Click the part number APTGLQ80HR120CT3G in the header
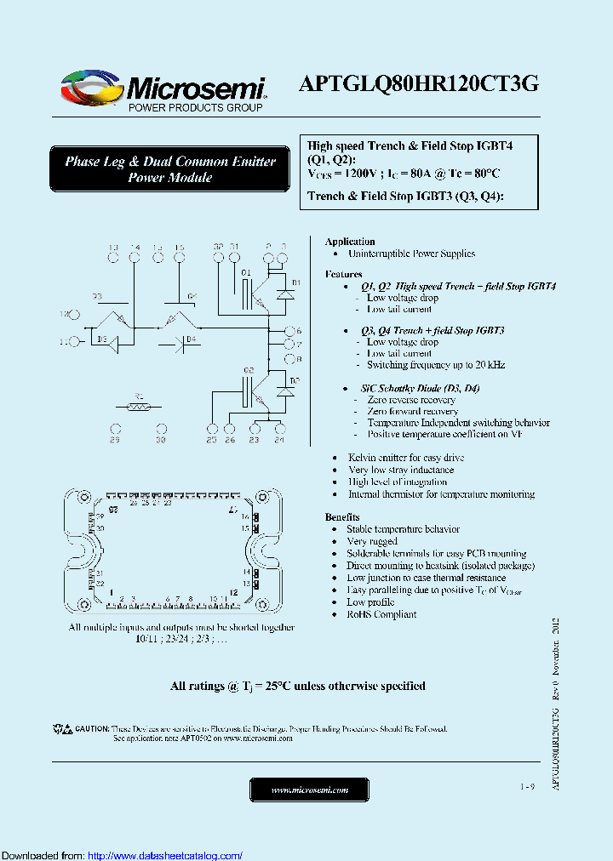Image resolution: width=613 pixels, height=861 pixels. click(x=418, y=84)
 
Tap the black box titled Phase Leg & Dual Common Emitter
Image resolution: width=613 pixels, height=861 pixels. click(x=170, y=169)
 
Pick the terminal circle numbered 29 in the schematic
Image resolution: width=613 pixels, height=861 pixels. click(x=115, y=428)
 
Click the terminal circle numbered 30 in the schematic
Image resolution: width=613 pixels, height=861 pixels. click(x=160, y=428)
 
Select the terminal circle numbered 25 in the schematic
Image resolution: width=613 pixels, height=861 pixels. click(x=211, y=428)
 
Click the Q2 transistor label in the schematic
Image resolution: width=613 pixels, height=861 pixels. click(x=249, y=371)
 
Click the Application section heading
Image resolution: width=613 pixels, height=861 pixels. click(x=350, y=242)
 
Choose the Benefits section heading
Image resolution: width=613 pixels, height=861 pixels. click(x=342, y=517)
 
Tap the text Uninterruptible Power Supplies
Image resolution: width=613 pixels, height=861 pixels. click(x=411, y=254)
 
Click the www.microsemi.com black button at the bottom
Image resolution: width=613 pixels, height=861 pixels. click(x=309, y=790)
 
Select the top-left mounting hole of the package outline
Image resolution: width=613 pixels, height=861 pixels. click(x=84, y=497)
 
